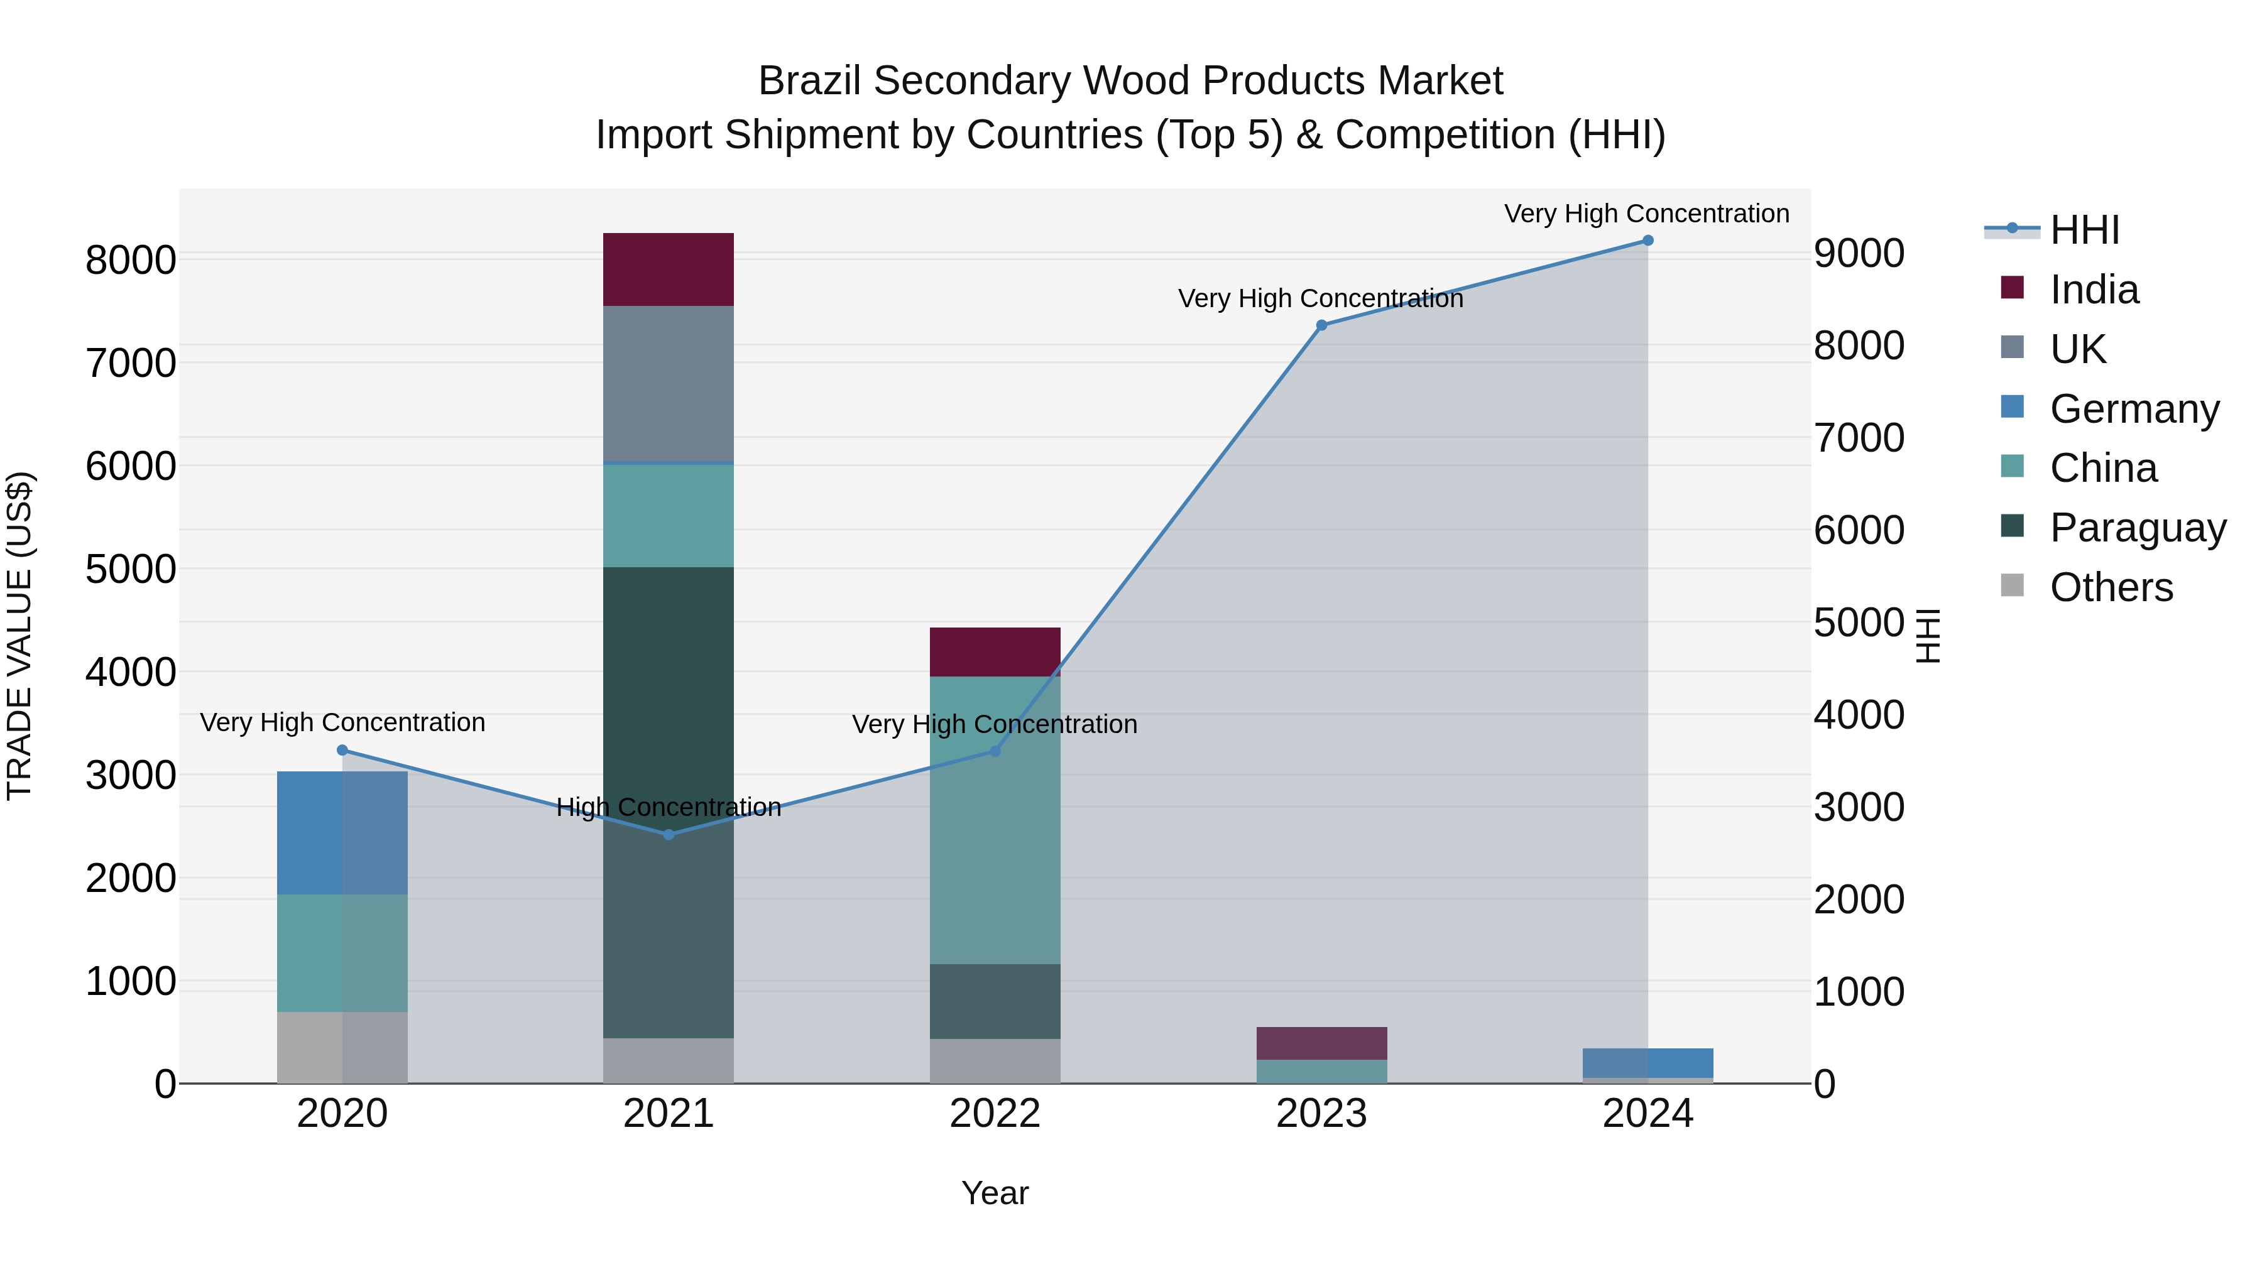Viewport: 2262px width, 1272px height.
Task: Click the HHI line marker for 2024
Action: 1647,241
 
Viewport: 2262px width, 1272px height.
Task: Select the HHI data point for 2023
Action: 1321,325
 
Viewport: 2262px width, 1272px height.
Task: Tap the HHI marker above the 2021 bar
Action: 669,835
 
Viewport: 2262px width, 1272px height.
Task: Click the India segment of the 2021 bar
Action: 669,269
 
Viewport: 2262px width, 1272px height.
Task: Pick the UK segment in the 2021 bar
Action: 669,384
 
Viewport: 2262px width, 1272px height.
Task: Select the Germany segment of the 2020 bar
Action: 342,833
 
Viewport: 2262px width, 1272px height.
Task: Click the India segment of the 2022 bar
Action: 995,651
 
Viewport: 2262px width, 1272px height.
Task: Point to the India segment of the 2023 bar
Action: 1321,1043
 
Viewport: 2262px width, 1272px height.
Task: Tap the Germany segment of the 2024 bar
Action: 1647,1062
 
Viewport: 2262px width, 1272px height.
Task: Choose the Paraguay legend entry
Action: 2138,528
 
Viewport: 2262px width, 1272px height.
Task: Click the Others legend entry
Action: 2111,587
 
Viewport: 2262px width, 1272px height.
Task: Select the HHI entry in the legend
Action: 2085,230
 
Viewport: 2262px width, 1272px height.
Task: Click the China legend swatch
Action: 2012,467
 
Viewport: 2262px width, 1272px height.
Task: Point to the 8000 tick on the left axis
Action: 131,261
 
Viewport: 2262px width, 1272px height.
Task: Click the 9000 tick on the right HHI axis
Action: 1859,254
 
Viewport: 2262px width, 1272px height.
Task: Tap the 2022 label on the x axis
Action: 995,1114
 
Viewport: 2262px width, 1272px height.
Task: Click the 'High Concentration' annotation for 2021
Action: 669,807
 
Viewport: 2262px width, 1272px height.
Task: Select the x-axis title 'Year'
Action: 995,1193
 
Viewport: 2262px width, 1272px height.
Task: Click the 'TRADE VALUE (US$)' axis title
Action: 19,636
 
